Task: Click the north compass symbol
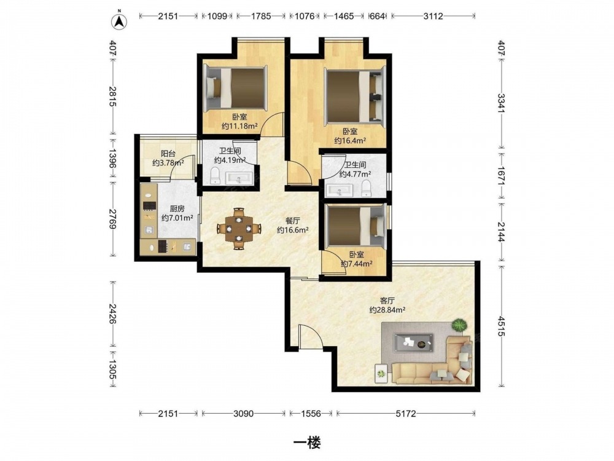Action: tap(119, 21)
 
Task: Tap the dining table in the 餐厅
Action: tap(239, 229)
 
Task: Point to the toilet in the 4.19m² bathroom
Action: tap(215, 175)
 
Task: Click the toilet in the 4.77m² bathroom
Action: tap(366, 188)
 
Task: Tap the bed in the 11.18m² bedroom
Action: tap(235, 88)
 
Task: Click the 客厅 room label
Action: tap(387, 301)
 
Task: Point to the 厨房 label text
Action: tap(177, 208)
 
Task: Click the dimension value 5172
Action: tap(406, 413)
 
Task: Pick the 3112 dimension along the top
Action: tap(433, 16)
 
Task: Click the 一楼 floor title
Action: tap(307, 443)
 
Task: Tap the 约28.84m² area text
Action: tap(387, 310)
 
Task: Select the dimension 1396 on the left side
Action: tap(112, 159)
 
